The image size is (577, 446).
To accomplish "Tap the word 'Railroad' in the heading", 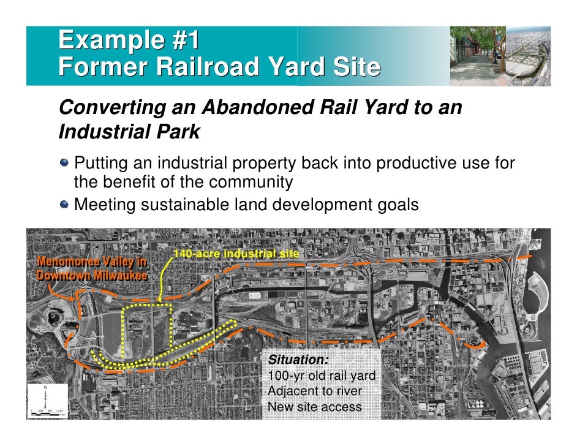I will point(202,67).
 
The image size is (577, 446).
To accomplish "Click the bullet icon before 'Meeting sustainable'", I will point(65,204).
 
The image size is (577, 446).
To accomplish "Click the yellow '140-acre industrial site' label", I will point(236,254).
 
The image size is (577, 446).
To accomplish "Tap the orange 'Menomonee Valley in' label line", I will point(92,263).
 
